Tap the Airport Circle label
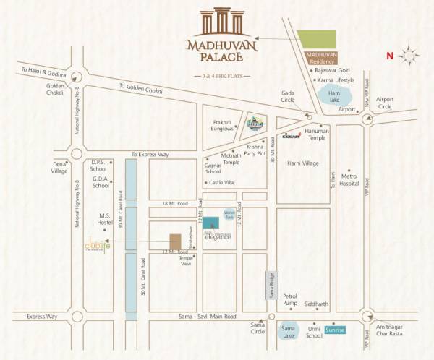[384, 103]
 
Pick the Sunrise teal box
[335, 330]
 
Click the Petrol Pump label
[291, 301]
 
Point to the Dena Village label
[60, 166]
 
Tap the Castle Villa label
[221, 183]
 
